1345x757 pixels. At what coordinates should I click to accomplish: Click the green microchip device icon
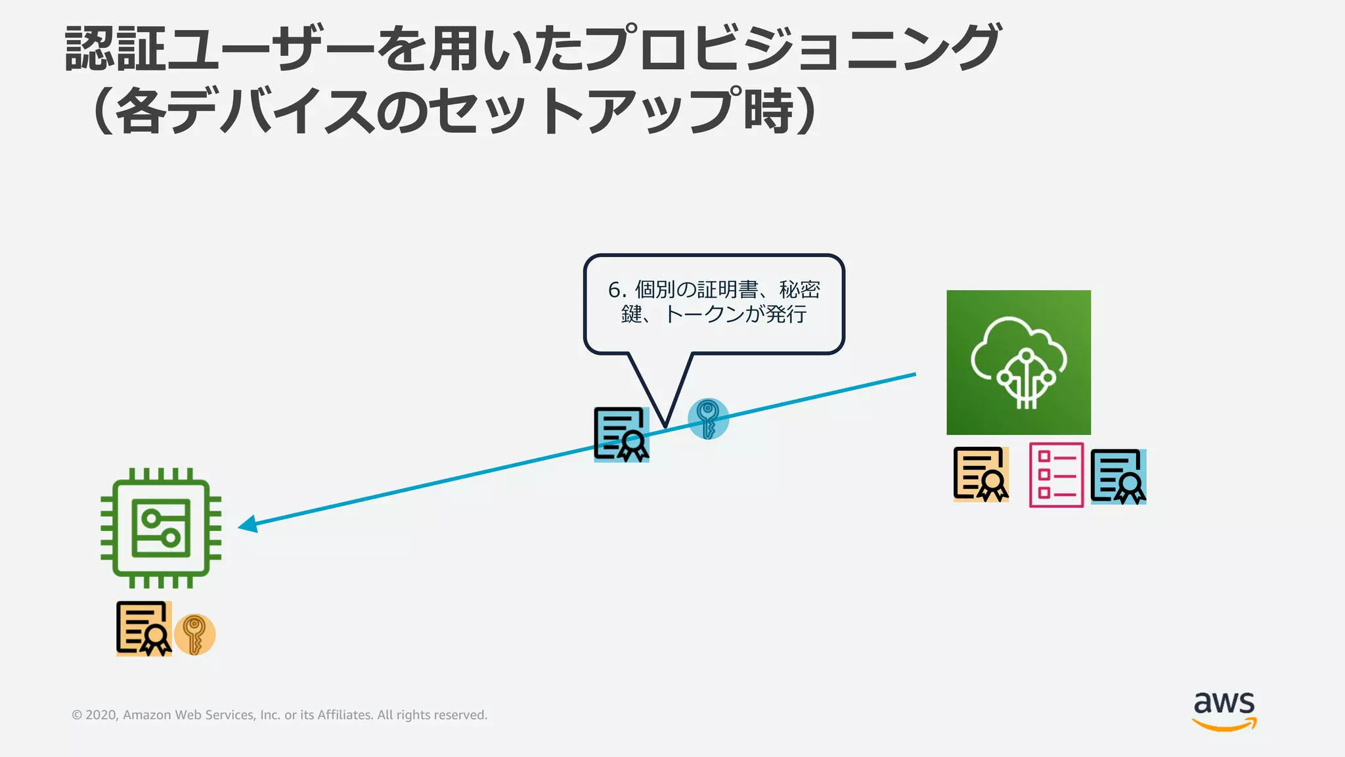161,528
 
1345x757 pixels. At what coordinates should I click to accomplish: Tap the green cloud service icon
1019,362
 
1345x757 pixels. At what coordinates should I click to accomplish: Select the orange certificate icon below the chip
144,629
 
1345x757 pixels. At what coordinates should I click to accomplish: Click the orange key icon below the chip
194,635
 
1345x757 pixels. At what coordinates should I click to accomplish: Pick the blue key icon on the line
708,419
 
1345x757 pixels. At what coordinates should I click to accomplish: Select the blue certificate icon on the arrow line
621,434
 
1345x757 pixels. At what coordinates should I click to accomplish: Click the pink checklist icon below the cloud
1056,475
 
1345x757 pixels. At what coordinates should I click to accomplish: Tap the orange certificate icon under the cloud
981,474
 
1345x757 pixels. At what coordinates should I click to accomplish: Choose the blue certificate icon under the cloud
1118,476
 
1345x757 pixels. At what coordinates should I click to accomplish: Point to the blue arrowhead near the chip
248,524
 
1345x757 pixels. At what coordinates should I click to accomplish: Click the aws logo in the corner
1224,710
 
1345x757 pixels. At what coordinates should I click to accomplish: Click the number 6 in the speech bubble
615,290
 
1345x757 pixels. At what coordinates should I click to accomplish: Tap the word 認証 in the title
115,49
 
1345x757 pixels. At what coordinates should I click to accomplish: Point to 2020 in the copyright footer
101,715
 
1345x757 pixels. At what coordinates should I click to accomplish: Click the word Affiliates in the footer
345,715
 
